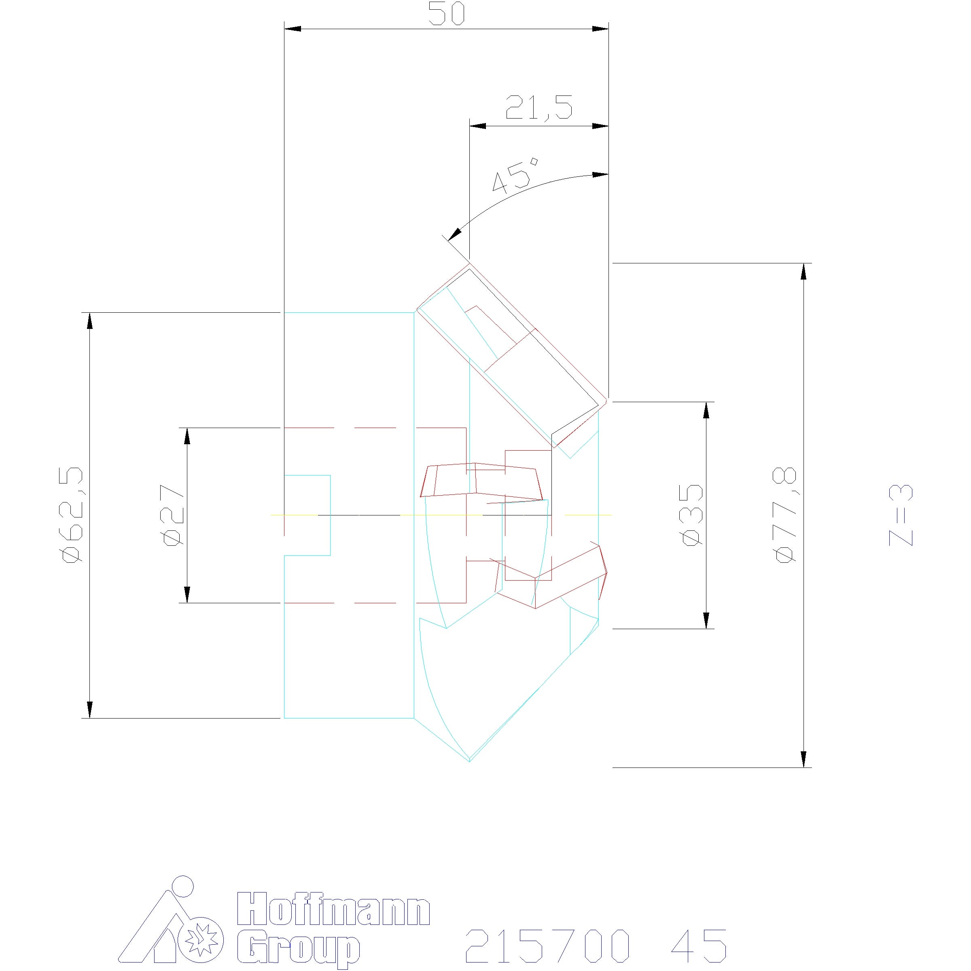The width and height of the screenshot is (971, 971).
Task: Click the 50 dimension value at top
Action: pyautogui.click(x=447, y=14)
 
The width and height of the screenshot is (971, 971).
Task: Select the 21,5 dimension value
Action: pyautogui.click(x=539, y=107)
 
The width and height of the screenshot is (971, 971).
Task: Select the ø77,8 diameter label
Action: pyautogui.click(x=786, y=515)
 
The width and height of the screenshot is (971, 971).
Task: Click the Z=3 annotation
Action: pyautogui.click(x=901, y=515)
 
